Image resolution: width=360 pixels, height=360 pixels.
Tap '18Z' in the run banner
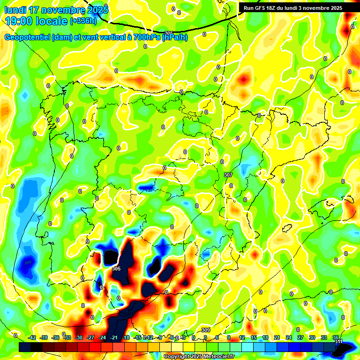(275, 8)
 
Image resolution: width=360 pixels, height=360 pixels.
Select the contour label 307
(228, 175)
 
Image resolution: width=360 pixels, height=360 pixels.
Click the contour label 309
(205, 330)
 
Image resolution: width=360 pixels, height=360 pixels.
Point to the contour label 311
(338, 342)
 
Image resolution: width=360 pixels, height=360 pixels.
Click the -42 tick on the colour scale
(32, 337)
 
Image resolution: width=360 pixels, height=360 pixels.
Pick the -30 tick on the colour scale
(79, 337)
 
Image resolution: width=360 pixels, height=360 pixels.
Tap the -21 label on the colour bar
(114, 337)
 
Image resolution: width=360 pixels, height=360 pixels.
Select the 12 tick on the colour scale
(242, 337)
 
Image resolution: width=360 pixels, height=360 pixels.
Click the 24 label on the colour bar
(289, 337)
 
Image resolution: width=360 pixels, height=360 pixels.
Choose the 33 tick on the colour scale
(324, 337)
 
